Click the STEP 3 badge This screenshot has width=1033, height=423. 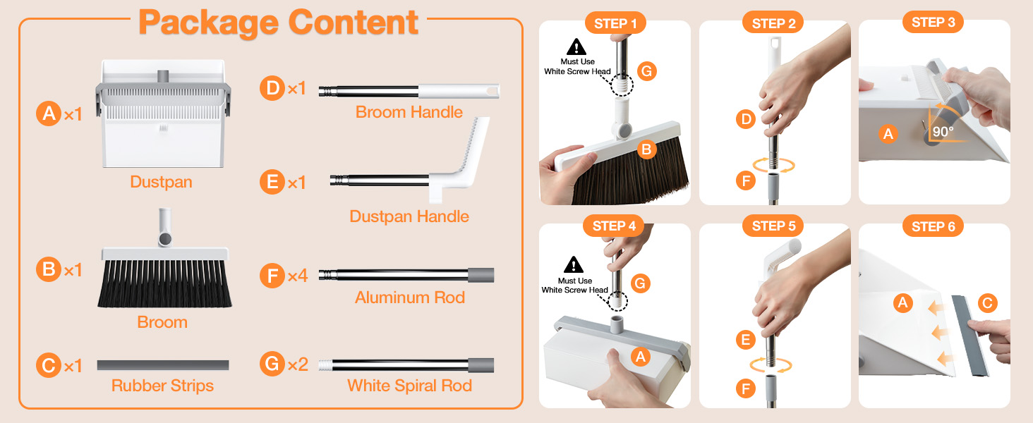click(x=933, y=23)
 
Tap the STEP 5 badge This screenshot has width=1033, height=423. click(x=773, y=226)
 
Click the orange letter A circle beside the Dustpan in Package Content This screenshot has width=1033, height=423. click(x=49, y=113)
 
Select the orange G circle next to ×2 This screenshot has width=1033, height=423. click(x=272, y=364)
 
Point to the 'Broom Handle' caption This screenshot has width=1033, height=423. click(x=409, y=112)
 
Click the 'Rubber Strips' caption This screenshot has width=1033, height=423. click(x=162, y=386)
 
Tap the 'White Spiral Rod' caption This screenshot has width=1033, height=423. click(x=409, y=386)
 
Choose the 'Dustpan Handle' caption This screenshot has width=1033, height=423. click(x=409, y=216)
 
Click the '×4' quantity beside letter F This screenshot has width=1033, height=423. click(x=297, y=276)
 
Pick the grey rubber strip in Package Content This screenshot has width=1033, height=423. click(x=162, y=365)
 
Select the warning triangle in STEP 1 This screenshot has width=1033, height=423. click(x=577, y=47)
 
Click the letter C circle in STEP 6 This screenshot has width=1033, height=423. click(x=987, y=304)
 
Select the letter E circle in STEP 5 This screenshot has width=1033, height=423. click(x=745, y=341)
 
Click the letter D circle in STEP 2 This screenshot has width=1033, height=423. click(x=746, y=120)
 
